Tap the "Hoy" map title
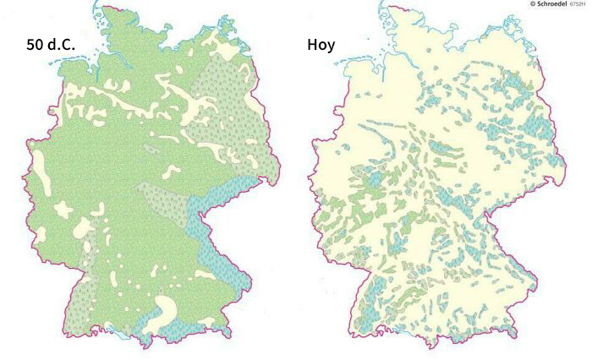[x=321, y=44]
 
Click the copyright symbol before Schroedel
[x=532, y=4]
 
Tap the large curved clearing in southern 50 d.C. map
[x=174, y=308]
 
